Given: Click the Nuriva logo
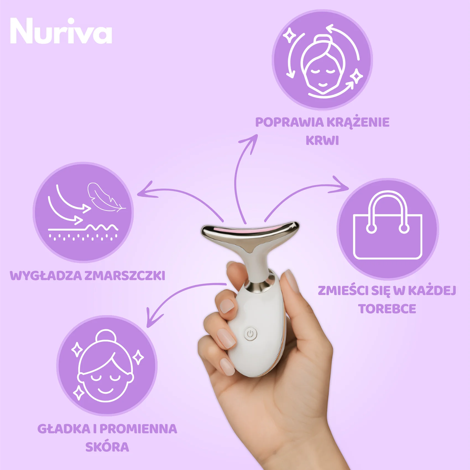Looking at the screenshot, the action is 61,31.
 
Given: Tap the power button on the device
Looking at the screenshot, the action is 250,334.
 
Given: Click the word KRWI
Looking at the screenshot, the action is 322,140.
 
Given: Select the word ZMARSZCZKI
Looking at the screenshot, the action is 125,276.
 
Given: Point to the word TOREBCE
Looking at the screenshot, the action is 387,309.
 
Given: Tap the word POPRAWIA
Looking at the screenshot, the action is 289,122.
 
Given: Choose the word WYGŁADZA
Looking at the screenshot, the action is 46,276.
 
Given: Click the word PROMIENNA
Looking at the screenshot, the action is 138,429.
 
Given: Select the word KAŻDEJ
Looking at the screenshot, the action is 432,291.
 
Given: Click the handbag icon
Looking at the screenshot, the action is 388,225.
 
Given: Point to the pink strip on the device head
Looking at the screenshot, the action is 250,230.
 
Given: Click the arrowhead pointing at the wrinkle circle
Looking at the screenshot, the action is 146,191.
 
